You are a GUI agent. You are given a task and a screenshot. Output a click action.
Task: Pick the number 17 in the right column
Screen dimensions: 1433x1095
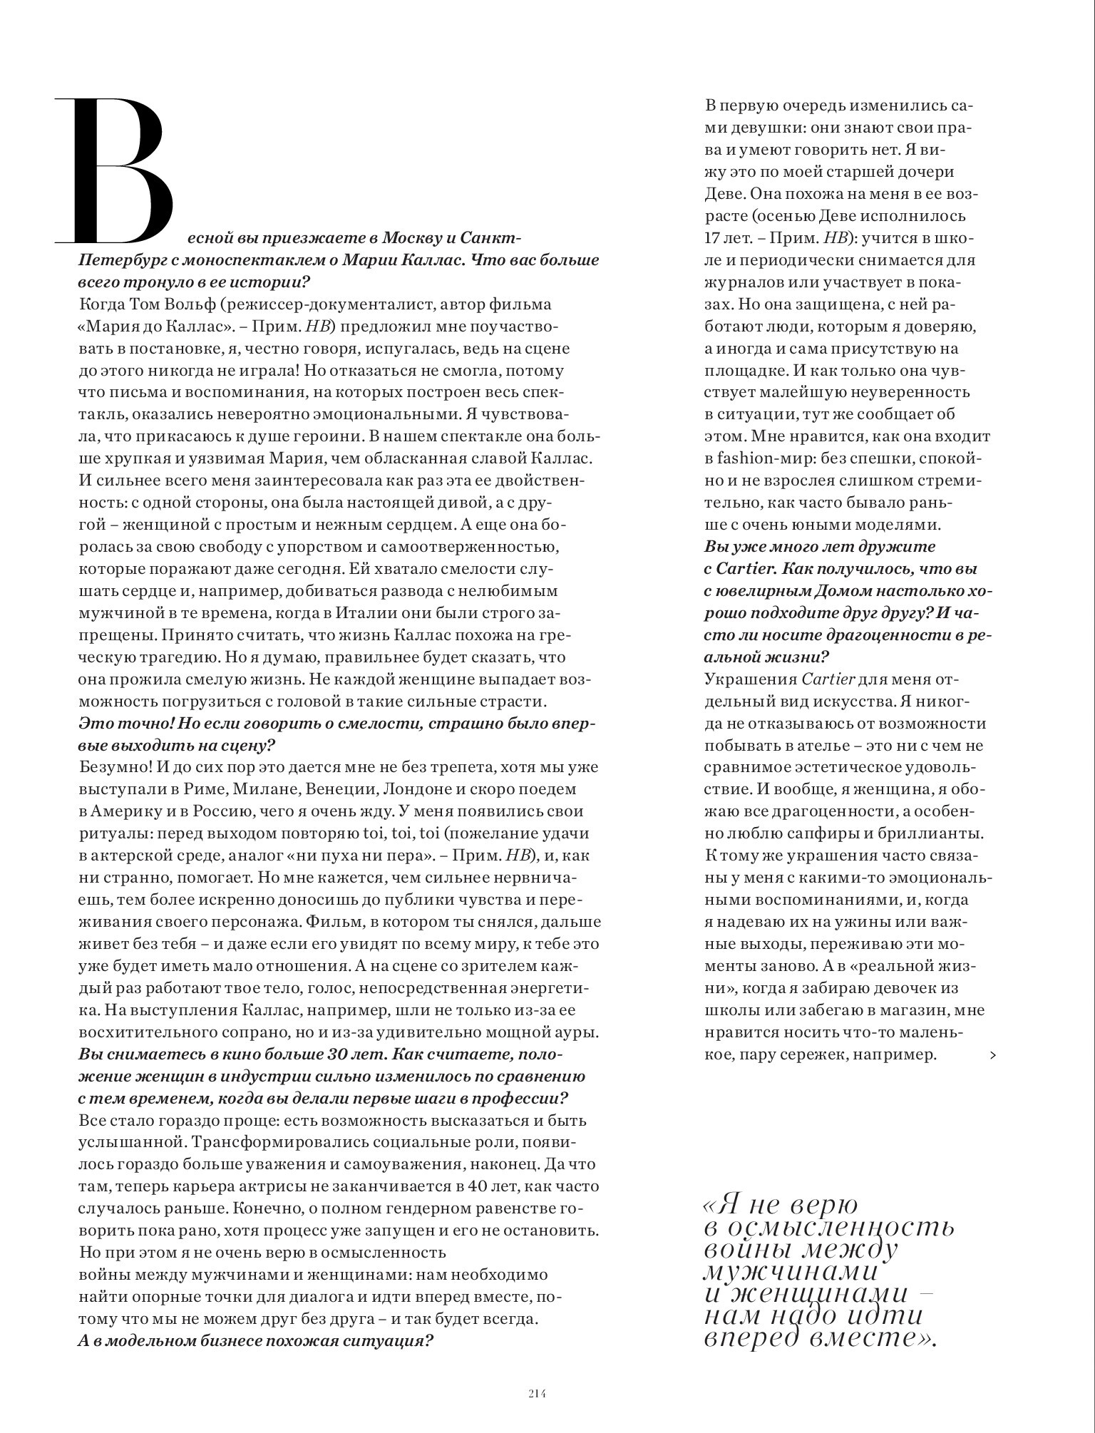716,238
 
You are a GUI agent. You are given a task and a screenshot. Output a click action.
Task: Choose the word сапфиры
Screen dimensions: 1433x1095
831,833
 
